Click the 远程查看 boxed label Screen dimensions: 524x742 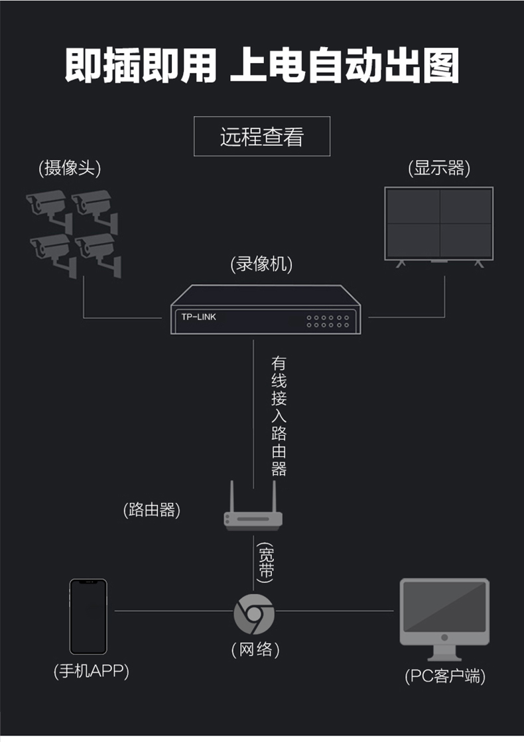tap(261, 136)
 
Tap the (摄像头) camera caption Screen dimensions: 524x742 tap(70, 168)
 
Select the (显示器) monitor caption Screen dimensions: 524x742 tap(439, 168)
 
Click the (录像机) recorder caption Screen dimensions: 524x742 tap(261, 264)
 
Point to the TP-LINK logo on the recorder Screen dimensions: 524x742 tap(198, 317)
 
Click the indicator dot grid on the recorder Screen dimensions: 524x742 tap(328, 321)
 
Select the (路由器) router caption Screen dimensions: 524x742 tap(152, 509)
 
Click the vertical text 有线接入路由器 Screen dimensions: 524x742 tap(279, 416)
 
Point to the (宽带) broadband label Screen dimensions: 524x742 tap(265, 562)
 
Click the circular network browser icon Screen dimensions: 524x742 tap(254, 614)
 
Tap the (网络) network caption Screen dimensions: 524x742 tap(255, 649)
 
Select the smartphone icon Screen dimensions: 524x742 tap(88, 616)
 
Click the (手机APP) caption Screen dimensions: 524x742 tap(91, 671)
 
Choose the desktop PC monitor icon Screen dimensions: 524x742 tap(444, 619)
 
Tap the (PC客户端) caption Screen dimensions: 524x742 tap(445, 676)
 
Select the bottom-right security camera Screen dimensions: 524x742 tap(99, 254)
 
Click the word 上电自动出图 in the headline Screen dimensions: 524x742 tap(344, 66)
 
